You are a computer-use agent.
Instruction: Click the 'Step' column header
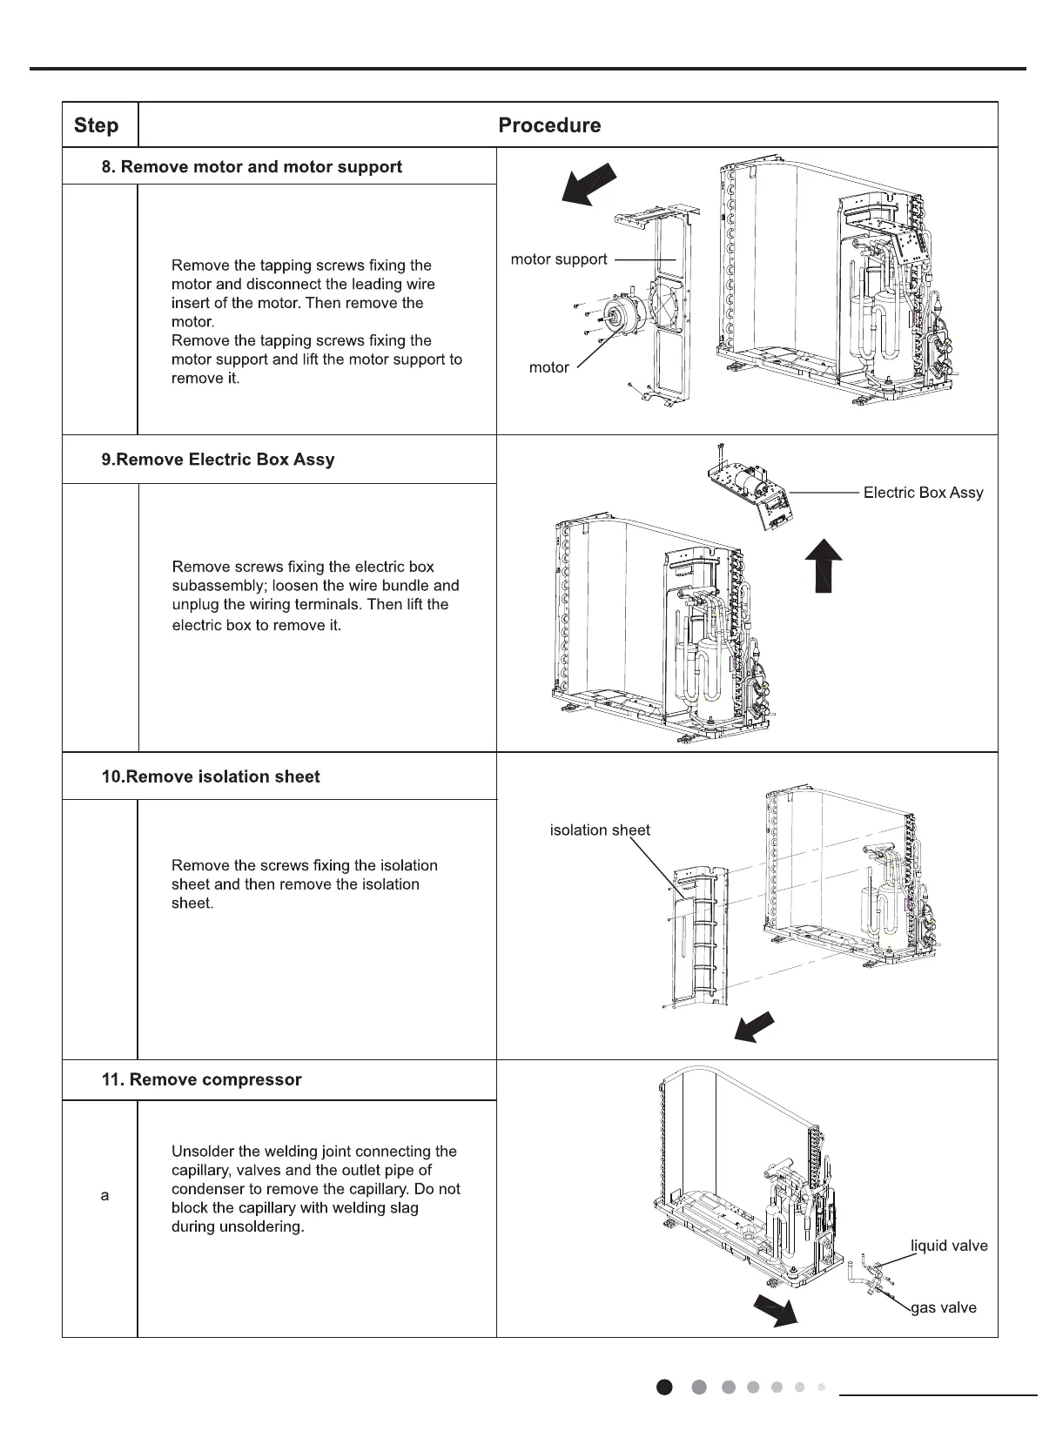click(x=96, y=125)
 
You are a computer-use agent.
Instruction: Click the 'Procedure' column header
click(x=549, y=125)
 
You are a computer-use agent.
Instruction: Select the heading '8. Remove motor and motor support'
click(x=252, y=167)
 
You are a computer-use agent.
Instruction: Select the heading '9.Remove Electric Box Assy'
click(x=218, y=460)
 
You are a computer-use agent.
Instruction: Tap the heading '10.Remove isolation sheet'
click(x=211, y=776)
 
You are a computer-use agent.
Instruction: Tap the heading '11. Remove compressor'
click(x=201, y=1080)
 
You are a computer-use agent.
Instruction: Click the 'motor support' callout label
click(x=559, y=259)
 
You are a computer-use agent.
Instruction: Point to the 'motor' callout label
click(x=548, y=367)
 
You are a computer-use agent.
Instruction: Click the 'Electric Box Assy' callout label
click(x=923, y=493)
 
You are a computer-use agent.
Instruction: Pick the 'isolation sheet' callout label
click(x=600, y=830)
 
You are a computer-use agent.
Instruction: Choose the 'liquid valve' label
click(x=949, y=1246)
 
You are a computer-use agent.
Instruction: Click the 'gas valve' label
click(x=944, y=1307)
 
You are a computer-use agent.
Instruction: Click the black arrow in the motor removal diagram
click(x=588, y=185)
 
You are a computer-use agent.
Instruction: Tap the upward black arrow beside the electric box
click(x=822, y=565)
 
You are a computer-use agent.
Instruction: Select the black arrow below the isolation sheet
click(x=755, y=1028)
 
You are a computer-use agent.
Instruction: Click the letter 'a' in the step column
click(x=105, y=1196)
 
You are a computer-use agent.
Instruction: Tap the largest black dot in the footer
click(x=665, y=1387)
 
